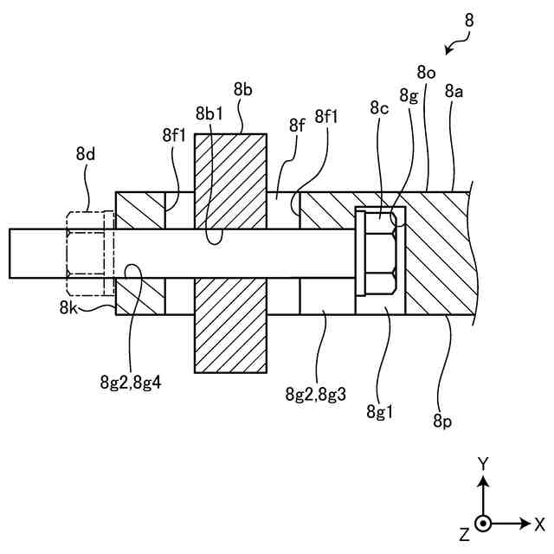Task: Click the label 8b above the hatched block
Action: pos(243,88)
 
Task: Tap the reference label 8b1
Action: pos(209,114)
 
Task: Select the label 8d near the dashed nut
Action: pos(86,154)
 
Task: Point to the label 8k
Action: pos(70,306)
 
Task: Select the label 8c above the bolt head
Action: pos(379,108)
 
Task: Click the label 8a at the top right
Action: pos(454,89)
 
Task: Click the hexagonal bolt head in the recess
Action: pos(377,253)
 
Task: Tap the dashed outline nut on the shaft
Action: pos(84,253)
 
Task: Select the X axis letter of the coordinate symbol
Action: pos(539,523)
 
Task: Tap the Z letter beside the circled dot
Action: pos(465,527)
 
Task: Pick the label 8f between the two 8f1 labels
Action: pos(298,126)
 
